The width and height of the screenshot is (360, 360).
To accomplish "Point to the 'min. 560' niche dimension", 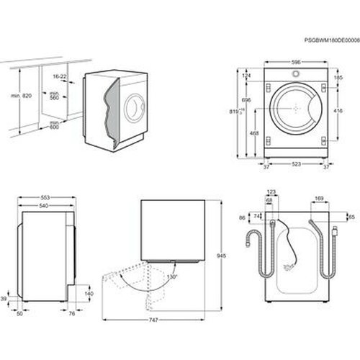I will [53, 96].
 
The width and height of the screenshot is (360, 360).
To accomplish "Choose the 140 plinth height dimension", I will [88, 294].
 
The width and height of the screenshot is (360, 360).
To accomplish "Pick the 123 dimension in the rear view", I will [271, 192].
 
